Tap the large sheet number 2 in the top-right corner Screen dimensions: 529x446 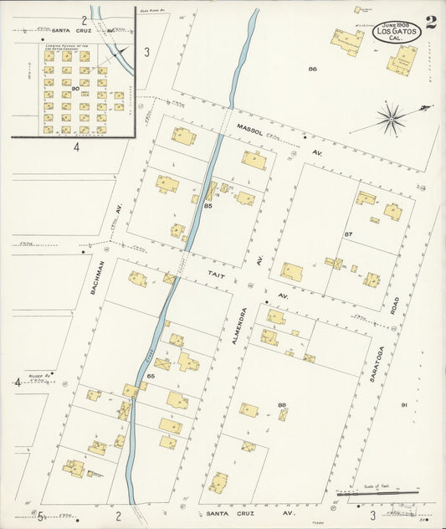point(430,23)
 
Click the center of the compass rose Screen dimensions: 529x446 point(391,118)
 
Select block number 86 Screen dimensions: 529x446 point(312,69)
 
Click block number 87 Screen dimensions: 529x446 point(348,234)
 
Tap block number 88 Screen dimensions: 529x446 point(282,405)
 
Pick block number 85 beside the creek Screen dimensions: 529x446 point(208,205)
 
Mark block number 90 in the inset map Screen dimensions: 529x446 point(75,88)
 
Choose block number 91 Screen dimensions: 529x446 point(403,405)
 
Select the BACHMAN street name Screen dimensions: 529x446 point(98,277)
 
